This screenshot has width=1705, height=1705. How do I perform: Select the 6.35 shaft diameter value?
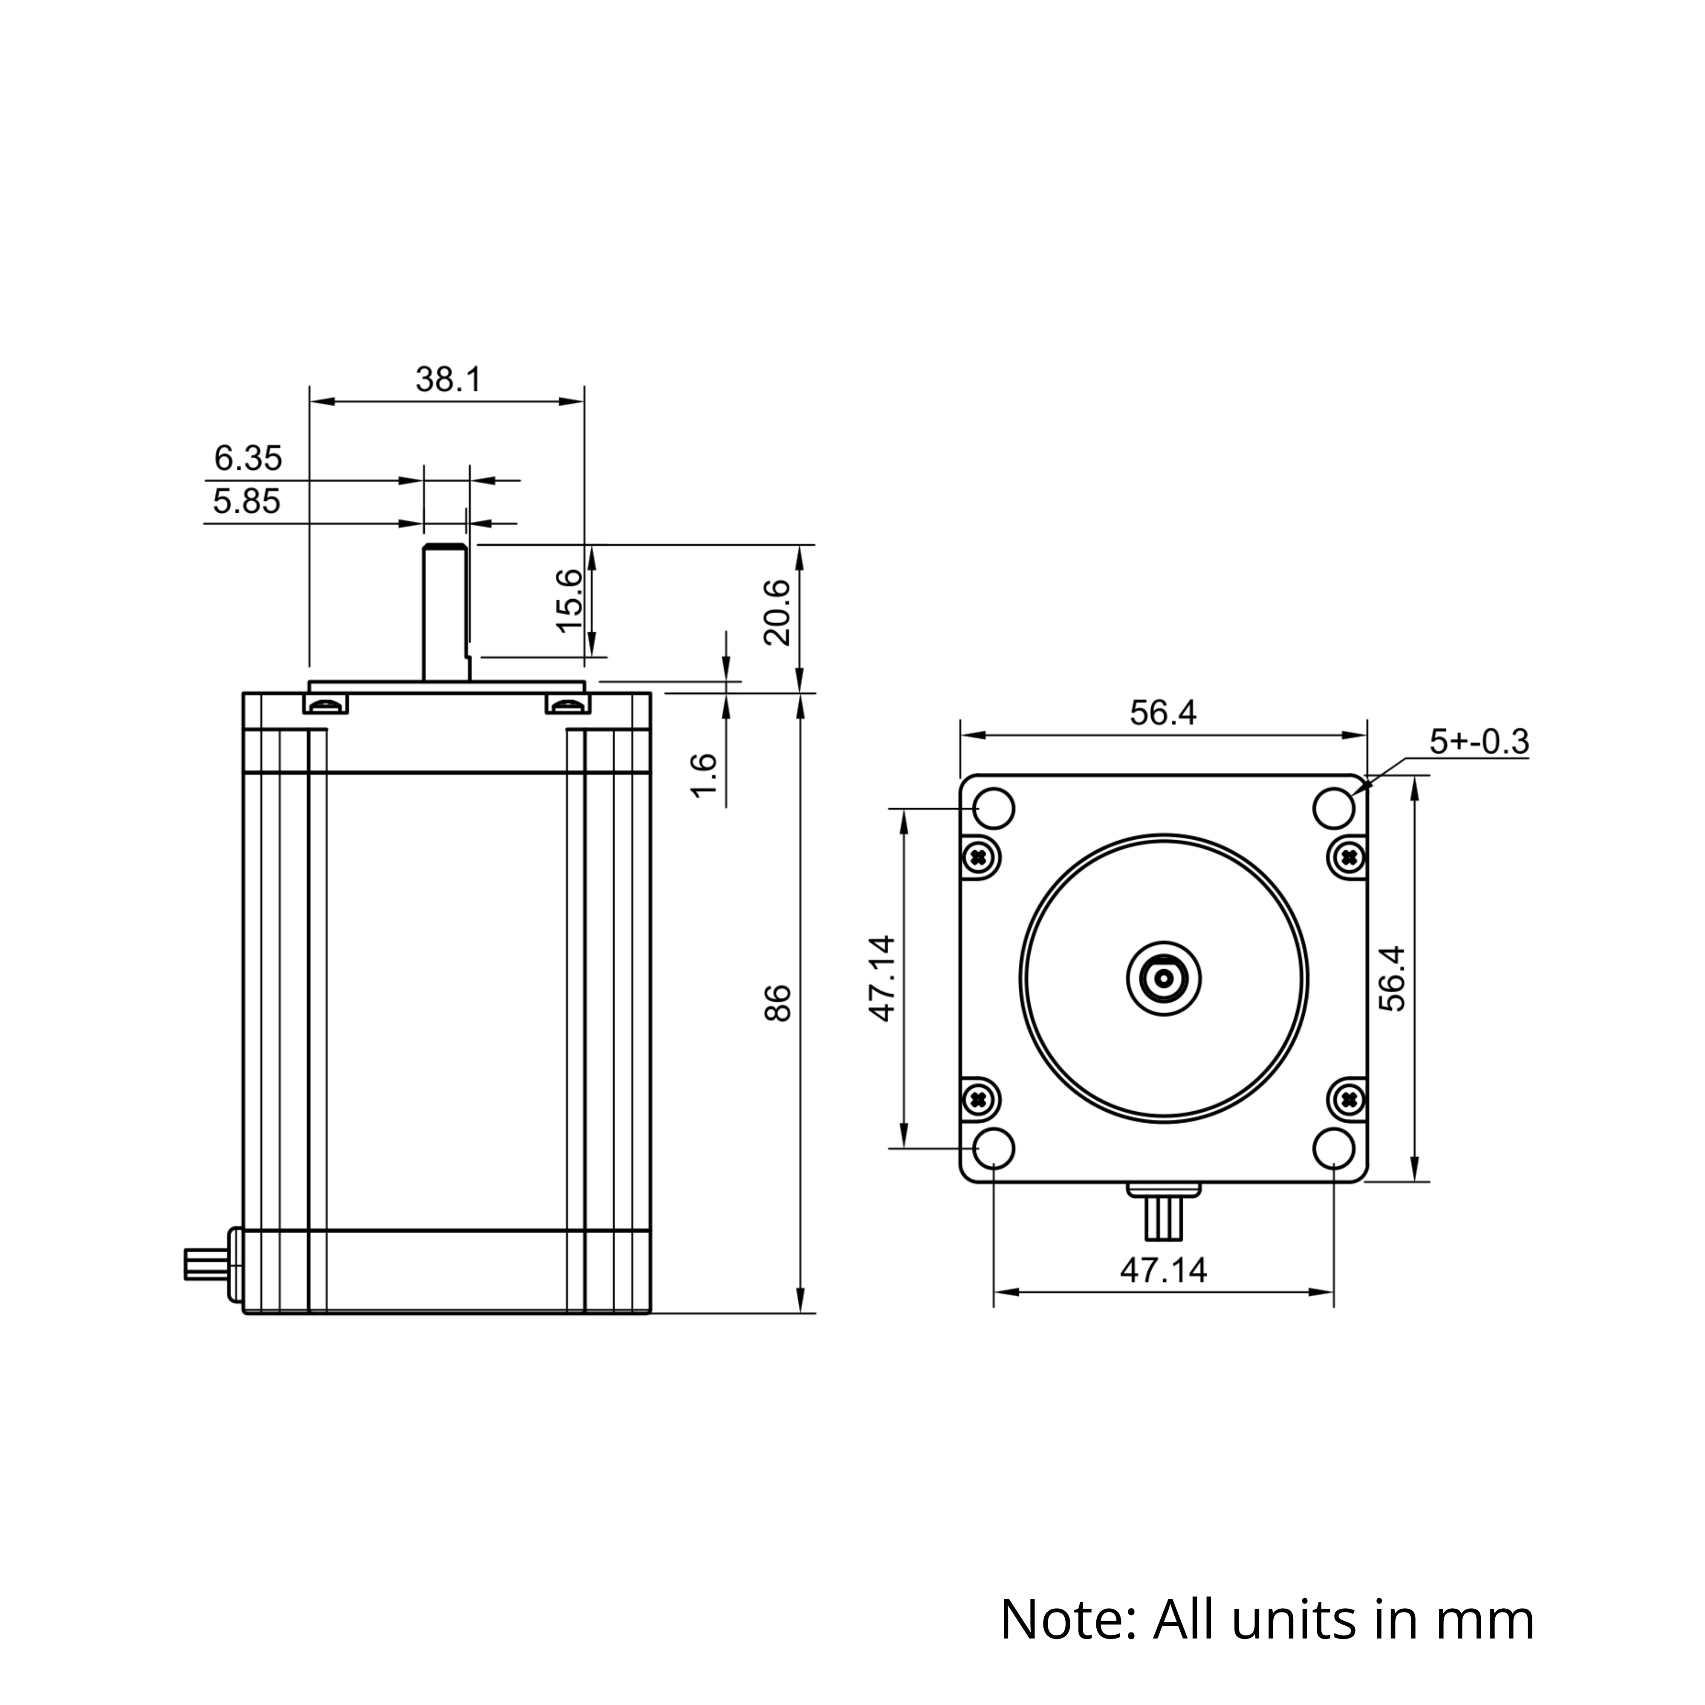pos(248,458)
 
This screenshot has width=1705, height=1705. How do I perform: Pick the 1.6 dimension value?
pos(703,776)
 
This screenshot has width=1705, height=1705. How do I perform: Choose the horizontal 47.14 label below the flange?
pos(1163,1270)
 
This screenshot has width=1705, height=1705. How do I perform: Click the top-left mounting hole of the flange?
pos(994,808)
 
